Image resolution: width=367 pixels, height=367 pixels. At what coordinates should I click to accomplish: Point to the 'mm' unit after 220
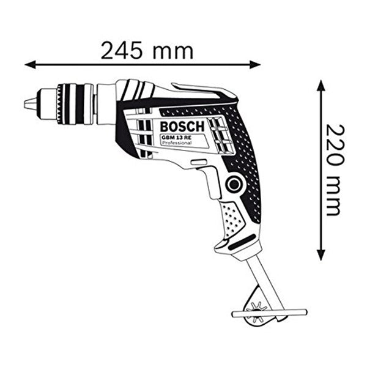click(334, 196)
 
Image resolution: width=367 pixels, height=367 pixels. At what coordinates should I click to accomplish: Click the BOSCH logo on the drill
click(180, 127)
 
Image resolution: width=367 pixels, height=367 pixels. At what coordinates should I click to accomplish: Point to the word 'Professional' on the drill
click(177, 144)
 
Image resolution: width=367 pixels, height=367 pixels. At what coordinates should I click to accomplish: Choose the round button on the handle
click(233, 183)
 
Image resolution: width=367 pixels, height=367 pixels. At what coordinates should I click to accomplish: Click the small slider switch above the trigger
click(198, 161)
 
